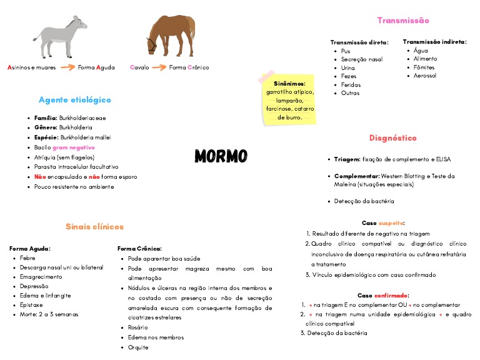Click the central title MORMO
pyautogui.click(x=221, y=156)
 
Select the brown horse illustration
pyautogui.click(x=170, y=36)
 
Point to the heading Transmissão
pyautogui.click(x=403, y=21)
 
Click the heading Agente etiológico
pyautogui.click(x=74, y=100)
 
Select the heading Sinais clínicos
pyautogui.click(x=94, y=227)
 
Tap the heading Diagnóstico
pyautogui.click(x=392, y=138)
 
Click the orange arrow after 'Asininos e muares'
pyautogui.click(x=67, y=67)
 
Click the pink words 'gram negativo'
pyautogui.click(x=74, y=147)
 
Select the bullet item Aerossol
pyautogui.click(x=425, y=76)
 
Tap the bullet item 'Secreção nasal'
pyautogui.click(x=362, y=59)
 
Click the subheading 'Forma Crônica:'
pyautogui.click(x=139, y=249)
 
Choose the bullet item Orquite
pyautogui.click(x=137, y=347)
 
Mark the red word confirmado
pyautogui.click(x=392, y=295)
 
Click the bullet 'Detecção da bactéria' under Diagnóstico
pyautogui.click(x=364, y=201)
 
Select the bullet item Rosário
pyautogui.click(x=137, y=327)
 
